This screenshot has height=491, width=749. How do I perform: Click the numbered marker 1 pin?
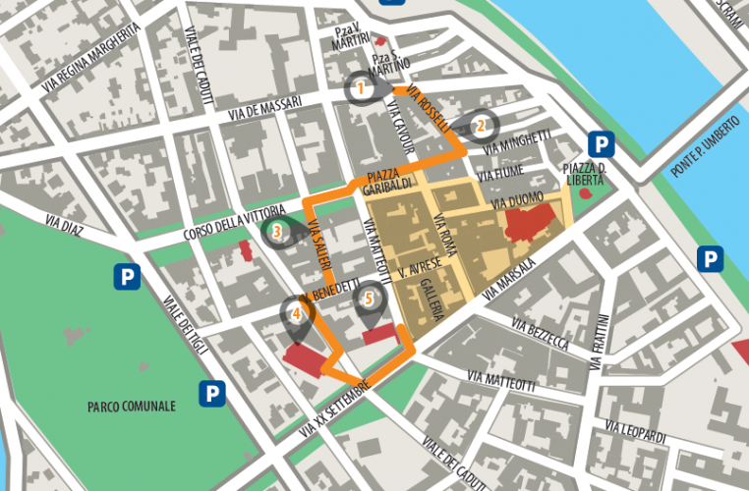pos(361,88)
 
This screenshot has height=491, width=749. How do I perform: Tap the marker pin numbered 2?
pos(480,126)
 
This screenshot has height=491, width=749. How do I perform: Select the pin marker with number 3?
pos(277,232)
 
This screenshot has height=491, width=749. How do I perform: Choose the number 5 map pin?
pos(369,299)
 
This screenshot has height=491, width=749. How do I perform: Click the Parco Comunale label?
pos(131,406)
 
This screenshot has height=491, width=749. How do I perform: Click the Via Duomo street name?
pos(516,199)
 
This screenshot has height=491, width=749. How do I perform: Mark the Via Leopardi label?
pos(636,429)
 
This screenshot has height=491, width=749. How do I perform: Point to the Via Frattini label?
pos(600,341)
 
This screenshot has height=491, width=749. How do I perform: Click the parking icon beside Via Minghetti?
pos(603,144)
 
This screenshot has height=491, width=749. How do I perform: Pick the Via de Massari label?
pos(262,112)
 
